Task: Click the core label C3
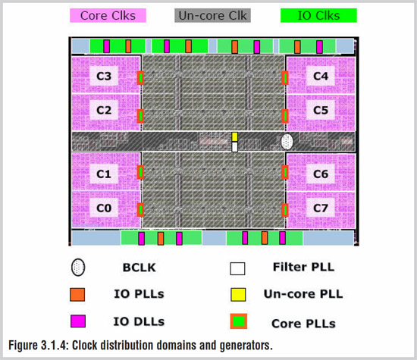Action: coord(104,77)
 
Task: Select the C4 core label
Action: coord(321,77)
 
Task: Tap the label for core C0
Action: coord(104,208)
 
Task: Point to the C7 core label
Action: coord(321,208)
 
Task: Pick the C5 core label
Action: coord(321,110)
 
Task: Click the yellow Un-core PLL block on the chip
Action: coord(234,136)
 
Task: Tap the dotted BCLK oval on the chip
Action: coord(287,142)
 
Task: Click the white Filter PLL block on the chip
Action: coord(234,147)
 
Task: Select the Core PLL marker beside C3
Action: coord(140,78)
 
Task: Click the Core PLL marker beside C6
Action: coord(285,172)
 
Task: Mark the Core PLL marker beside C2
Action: coord(140,116)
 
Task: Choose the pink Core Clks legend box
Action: coord(108,15)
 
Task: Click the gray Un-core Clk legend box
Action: coord(212,15)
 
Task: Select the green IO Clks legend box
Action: coord(318,15)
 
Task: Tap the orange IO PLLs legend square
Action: coord(77,295)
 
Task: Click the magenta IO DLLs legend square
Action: coord(78,321)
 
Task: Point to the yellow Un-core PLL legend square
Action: coord(238,295)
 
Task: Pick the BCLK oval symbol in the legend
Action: coord(78,268)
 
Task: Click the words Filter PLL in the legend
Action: coord(303,267)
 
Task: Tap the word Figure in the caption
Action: coord(23,346)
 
